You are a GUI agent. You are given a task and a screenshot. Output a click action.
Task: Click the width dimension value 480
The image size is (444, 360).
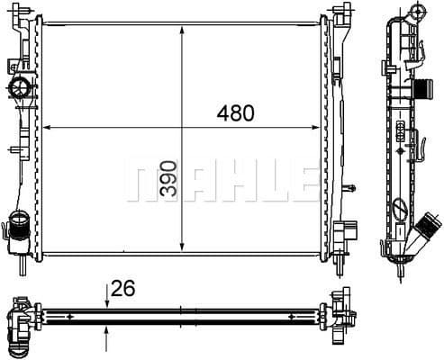(235, 113)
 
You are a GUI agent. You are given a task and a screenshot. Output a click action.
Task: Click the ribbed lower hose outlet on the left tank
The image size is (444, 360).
(18, 228)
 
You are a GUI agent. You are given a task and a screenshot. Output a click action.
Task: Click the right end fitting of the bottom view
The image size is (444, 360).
(341, 316)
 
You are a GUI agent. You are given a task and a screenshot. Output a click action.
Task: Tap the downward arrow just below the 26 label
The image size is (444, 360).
(107, 301)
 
